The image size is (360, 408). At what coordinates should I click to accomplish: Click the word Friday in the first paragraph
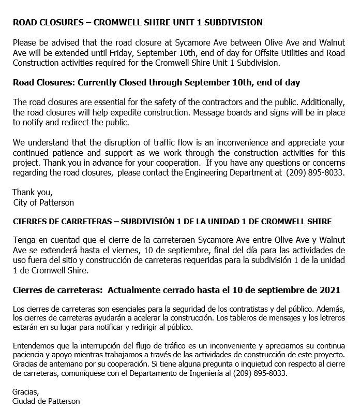tap(143, 52)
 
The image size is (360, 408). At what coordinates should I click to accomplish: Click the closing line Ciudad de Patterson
tap(46, 401)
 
